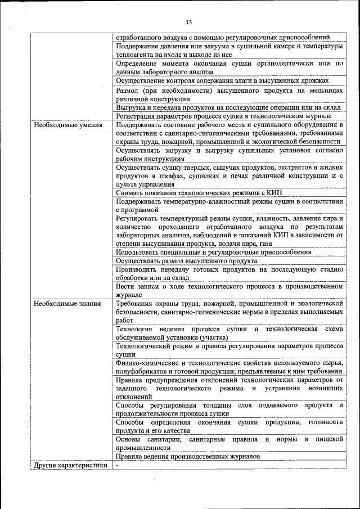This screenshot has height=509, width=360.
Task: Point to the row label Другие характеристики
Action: coord(70,465)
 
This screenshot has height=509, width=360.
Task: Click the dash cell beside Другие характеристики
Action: coord(118,465)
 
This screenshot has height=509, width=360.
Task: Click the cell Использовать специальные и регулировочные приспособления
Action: coord(213,253)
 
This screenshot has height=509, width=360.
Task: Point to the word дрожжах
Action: coord(316,80)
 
